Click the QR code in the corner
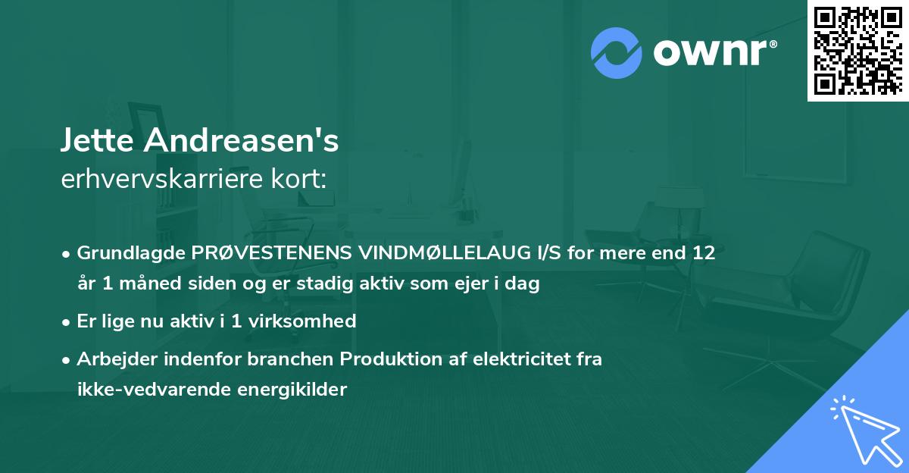coord(857,50)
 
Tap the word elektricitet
coord(516,359)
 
